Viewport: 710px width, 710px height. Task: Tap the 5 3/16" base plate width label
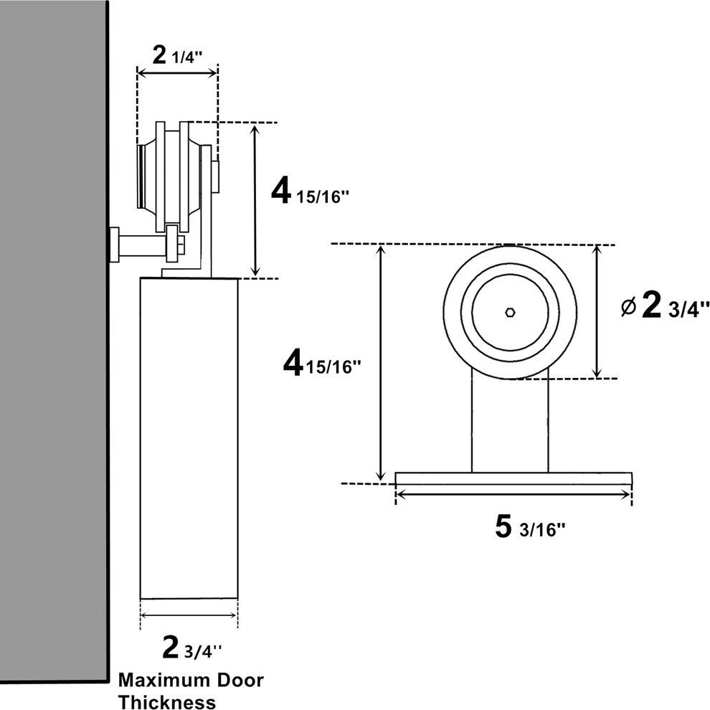530,529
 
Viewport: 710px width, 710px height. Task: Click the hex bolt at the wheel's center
508,312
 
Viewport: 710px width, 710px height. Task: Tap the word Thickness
167,701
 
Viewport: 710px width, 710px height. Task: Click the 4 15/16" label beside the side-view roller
309,192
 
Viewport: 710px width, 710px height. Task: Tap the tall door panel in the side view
189,437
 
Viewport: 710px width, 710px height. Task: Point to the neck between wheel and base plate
510,423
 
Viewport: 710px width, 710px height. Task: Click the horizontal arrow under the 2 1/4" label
177,72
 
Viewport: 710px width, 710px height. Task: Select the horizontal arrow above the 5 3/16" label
513,493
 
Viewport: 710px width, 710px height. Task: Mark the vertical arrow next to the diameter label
597,311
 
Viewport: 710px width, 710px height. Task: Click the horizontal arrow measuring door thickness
189,615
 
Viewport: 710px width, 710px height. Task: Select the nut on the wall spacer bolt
171,245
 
